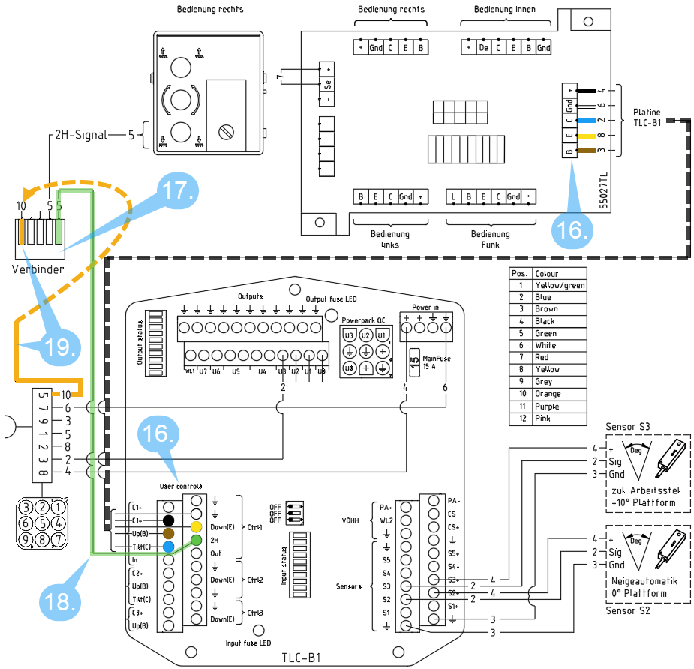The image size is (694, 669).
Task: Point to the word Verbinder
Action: coord(38,268)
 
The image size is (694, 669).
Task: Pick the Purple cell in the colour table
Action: coord(545,406)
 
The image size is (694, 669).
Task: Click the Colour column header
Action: coord(546,273)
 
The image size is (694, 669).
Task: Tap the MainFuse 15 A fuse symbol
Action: coord(413,358)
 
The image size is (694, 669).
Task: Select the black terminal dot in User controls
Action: coord(170,520)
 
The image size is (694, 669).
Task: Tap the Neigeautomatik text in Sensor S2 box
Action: coord(641,581)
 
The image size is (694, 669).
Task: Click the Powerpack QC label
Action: coord(363,318)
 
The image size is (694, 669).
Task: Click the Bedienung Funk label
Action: coord(491,238)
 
